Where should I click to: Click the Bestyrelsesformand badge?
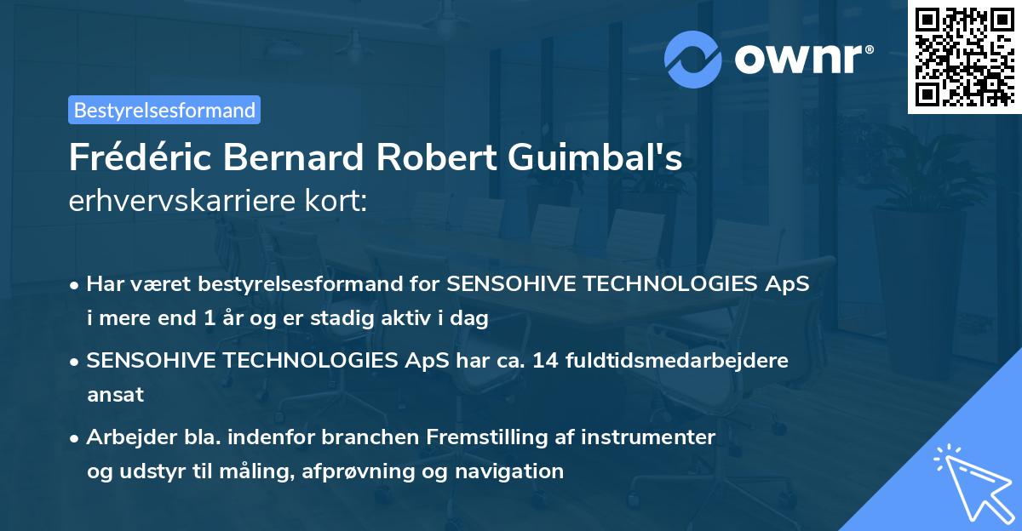pos(164,110)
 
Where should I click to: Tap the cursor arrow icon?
pos(970,482)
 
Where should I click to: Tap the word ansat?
pos(115,394)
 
